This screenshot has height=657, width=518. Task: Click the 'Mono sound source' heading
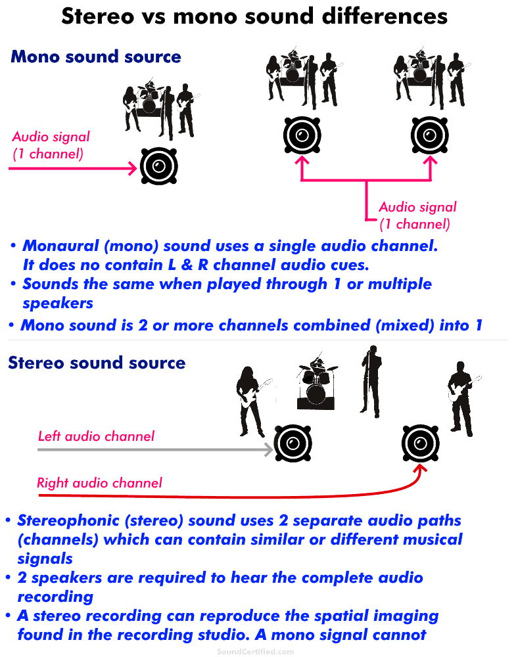[x=95, y=57]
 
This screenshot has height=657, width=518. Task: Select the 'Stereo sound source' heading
[x=97, y=363]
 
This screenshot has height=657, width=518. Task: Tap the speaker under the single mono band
[x=158, y=166]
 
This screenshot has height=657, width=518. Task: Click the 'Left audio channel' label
[x=96, y=436]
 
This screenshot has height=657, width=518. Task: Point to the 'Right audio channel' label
[x=99, y=484]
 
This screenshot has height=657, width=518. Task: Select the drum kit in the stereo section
[x=316, y=384]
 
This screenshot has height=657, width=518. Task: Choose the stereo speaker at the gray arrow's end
[x=292, y=445]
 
